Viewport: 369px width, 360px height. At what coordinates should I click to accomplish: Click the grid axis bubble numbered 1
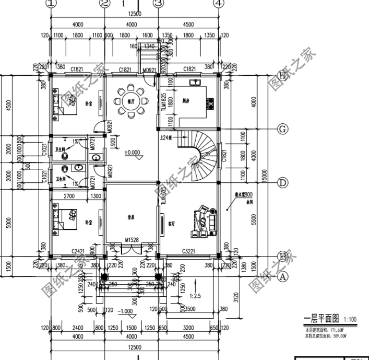[x=51, y=3]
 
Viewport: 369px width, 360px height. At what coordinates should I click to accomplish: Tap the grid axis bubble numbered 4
[x=219, y=3]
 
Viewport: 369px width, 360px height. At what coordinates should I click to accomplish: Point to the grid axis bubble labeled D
[x=283, y=183]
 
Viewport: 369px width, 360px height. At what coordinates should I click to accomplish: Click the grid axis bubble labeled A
[x=283, y=277]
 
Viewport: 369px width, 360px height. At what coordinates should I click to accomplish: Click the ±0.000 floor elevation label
[x=132, y=153]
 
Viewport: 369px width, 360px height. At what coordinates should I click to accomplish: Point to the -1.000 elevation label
[x=125, y=311]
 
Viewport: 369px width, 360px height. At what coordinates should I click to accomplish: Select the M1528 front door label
[x=132, y=240]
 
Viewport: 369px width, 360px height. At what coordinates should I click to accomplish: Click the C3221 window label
[x=189, y=252]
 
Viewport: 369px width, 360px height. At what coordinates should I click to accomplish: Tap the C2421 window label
[x=78, y=252]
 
